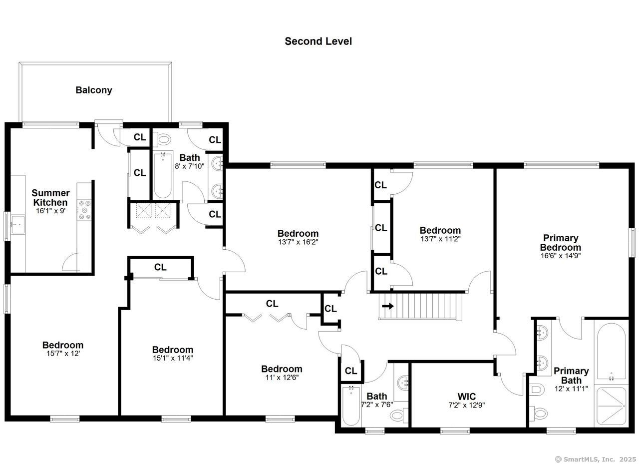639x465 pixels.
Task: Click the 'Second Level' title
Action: [318, 41]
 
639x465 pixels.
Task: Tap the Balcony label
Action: [94, 90]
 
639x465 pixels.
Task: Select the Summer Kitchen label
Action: [50, 197]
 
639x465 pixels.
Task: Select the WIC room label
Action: [467, 397]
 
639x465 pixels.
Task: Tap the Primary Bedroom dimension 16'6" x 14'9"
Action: [560, 255]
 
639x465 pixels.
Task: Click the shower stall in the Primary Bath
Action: [611, 406]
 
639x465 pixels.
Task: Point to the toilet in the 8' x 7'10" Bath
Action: [164, 139]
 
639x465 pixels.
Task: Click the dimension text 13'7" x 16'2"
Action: [298, 242]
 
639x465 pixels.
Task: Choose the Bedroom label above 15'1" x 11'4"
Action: [172, 350]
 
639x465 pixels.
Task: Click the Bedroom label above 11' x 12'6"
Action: [282, 369]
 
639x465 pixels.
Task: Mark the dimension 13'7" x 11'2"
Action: [440, 239]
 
